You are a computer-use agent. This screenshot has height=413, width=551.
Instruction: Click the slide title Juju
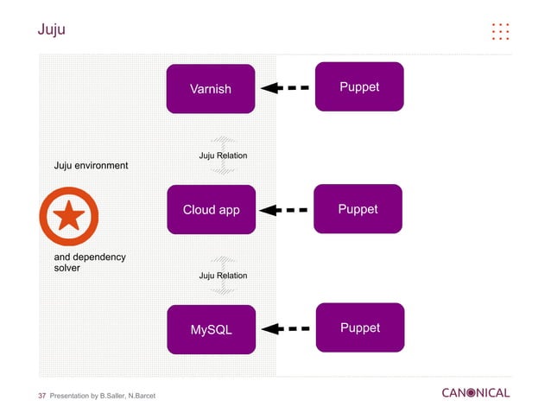(x=51, y=31)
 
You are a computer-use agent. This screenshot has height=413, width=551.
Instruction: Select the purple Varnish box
(x=211, y=88)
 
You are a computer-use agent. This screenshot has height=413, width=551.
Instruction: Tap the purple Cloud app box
(x=211, y=209)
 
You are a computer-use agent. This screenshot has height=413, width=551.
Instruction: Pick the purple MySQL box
(x=211, y=329)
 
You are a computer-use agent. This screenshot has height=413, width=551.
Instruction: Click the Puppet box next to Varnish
(x=359, y=86)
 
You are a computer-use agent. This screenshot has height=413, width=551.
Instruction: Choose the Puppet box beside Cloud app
(x=358, y=208)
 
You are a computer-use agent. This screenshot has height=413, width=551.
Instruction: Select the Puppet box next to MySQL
(x=359, y=327)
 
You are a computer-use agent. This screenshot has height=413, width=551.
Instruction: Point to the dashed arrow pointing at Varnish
(x=285, y=87)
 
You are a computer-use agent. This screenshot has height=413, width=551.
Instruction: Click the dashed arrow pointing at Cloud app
(x=285, y=209)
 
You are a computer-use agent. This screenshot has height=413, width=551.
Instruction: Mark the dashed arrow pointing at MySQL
(x=285, y=328)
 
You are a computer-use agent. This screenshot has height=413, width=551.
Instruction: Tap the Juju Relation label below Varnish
(x=223, y=156)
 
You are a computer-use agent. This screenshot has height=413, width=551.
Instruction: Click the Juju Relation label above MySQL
(x=223, y=276)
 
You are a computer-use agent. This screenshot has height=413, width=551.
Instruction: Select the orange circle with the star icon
(x=68, y=216)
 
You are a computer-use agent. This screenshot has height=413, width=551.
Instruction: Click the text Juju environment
(x=91, y=165)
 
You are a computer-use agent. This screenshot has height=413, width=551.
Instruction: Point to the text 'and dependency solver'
(x=89, y=263)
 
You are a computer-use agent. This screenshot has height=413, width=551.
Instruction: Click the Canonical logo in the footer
(x=475, y=393)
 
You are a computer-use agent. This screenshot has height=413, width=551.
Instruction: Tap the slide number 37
(x=41, y=396)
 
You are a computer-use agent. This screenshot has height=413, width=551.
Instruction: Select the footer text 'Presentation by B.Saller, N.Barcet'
(x=104, y=396)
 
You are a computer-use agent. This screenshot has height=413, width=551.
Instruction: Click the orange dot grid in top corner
(x=500, y=31)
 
